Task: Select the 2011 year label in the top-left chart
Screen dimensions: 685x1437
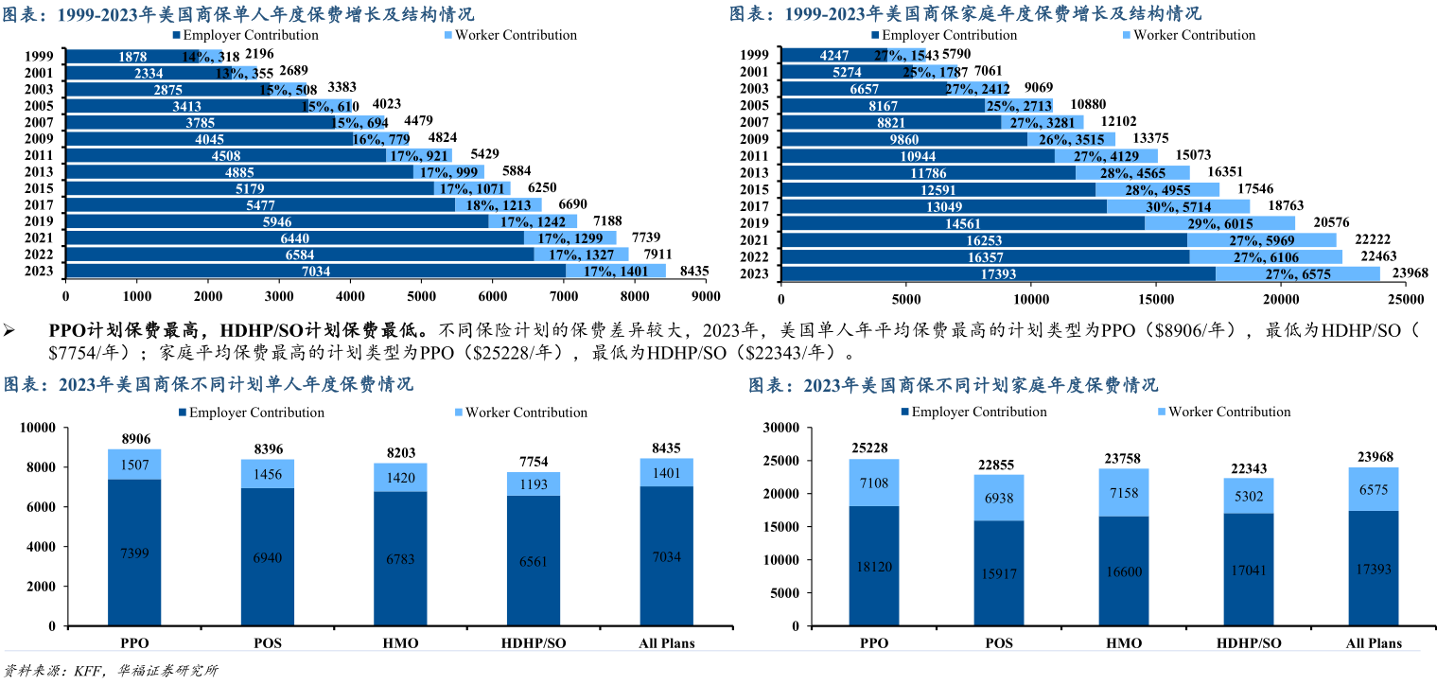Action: click(40, 155)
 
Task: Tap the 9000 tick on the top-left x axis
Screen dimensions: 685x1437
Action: click(707, 296)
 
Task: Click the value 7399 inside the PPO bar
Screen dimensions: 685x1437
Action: click(134, 553)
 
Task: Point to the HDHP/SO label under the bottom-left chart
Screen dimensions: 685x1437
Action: click(533, 643)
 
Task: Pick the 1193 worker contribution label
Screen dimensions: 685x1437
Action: click(533, 483)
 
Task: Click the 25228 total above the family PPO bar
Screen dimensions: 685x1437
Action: click(873, 448)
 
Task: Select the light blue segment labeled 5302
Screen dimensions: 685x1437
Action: click(1248, 495)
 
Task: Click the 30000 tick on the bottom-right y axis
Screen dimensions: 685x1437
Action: click(781, 428)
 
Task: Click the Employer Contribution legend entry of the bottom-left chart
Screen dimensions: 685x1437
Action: click(250, 413)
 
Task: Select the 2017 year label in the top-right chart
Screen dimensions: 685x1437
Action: click(755, 206)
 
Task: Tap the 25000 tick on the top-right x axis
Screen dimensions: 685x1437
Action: click(1405, 298)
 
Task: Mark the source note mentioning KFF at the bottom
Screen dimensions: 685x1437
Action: click(112, 672)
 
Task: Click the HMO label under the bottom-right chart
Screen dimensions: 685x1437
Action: click(1123, 643)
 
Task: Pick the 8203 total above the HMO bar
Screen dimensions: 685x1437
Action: click(401, 453)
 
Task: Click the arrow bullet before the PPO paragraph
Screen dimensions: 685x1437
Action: click(10, 330)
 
